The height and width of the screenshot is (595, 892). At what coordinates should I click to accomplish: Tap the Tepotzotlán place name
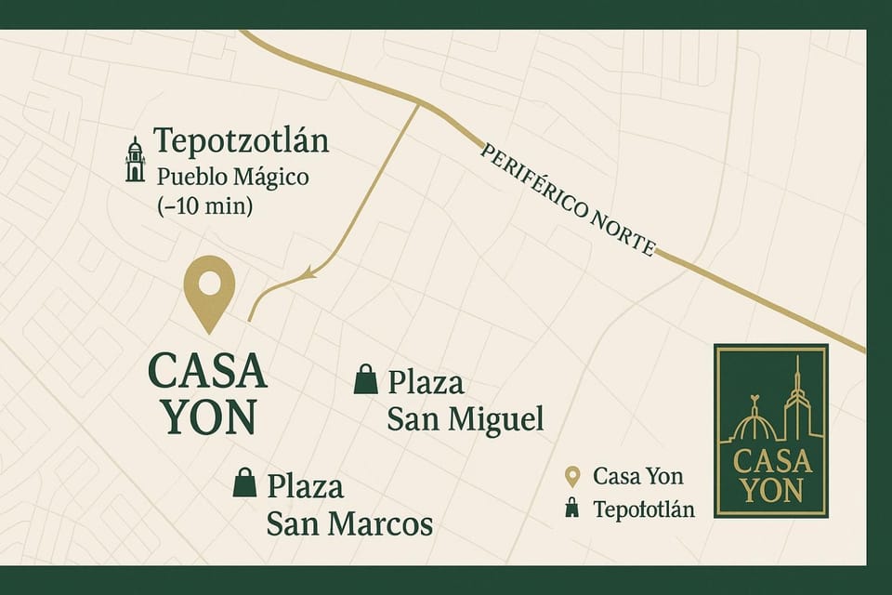(x=241, y=142)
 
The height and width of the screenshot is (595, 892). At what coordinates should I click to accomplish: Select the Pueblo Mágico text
(x=232, y=176)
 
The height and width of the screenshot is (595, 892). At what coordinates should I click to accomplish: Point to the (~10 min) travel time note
(x=205, y=205)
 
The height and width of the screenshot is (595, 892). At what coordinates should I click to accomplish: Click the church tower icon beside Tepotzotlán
(x=136, y=160)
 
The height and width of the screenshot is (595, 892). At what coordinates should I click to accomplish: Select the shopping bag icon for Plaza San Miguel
(x=366, y=379)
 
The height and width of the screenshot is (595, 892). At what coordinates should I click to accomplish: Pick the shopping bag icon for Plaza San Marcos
(x=244, y=482)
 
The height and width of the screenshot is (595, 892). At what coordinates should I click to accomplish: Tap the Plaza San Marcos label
(x=348, y=505)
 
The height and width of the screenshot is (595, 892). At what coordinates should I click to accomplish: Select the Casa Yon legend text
(x=637, y=477)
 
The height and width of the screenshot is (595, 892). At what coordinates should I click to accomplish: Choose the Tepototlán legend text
(x=643, y=509)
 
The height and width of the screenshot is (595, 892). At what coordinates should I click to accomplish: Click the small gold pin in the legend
(x=572, y=477)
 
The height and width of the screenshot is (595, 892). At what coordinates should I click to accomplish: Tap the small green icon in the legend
(x=572, y=509)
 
